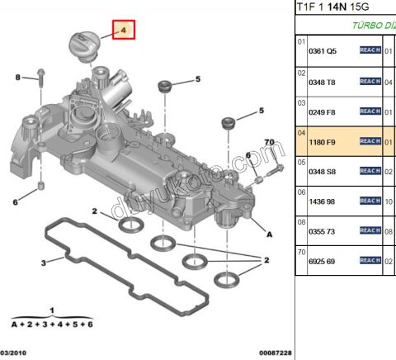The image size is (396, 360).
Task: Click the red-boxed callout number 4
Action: tap(124, 31)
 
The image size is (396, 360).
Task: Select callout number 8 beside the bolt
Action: tap(16, 78)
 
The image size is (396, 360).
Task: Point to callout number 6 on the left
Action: tap(15, 201)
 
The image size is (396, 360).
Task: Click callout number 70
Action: tap(269, 143)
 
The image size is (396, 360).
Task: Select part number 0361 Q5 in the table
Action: tap(323, 50)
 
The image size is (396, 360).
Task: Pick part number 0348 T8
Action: tap(323, 81)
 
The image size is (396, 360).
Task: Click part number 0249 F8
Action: tap(323, 111)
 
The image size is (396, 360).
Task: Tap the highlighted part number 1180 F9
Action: tap(323, 141)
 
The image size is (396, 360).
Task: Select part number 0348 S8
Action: tap(323, 171)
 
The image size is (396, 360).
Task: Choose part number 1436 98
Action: tap(323, 201)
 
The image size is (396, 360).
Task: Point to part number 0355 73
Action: tap(323, 232)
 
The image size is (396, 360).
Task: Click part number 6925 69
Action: tap(323, 262)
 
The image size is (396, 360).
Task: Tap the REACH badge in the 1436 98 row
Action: tap(370, 201)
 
